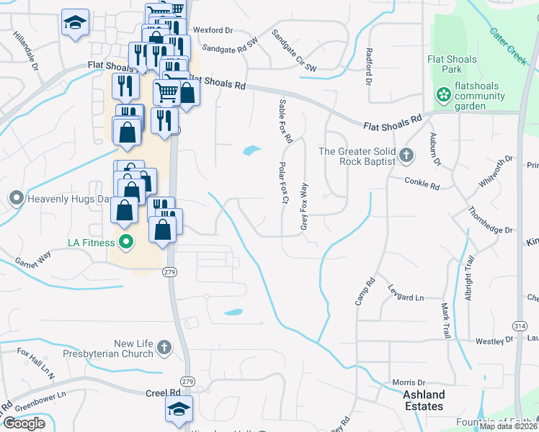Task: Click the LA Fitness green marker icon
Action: [126, 243]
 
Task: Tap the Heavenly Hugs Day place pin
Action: [16, 197]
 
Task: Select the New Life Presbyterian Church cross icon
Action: [164, 348]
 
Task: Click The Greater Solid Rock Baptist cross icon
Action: [406, 156]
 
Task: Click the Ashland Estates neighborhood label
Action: [424, 400]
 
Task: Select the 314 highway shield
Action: [520, 326]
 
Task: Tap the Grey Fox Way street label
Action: [304, 207]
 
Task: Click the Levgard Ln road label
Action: [405, 297]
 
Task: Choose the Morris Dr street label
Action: [409, 382]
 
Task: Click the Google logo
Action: [24, 423]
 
